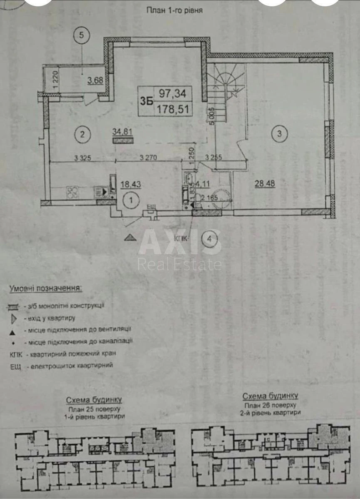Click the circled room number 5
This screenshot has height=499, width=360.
click(x=82, y=35)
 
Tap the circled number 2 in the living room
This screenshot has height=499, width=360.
click(x=82, y=134)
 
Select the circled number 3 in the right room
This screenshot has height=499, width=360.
click(x=279, y=133)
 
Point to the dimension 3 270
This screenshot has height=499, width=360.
click(x=149, y=158)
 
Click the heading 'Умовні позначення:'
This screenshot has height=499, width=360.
click(x=46, y=288)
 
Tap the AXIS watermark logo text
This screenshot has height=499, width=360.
click(x=180, y=243)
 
